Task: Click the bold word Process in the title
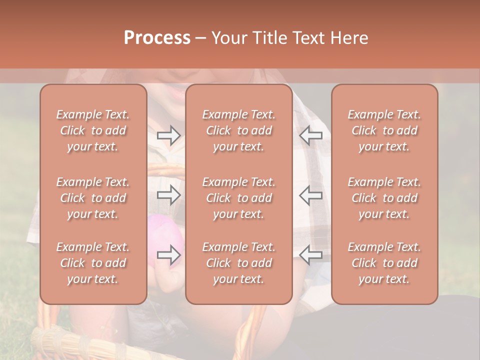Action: click(x=157, y=38)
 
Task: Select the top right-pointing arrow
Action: click(x=169, y=135)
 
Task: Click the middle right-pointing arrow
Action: click(x=169, y=195)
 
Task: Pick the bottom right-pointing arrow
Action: click(x=169, y=255)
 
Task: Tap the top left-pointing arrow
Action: click(x=311, y=135)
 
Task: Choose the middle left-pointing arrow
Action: click(x=311, y=195)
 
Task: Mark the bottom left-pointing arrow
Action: click(x=311, y=255)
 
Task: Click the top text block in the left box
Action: click(x=93, y=130)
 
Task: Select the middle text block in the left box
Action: click(x=93, y=198)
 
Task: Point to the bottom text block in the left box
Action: click(x=93, y=263)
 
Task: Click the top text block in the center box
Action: click(x=239, y=130)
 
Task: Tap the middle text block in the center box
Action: click(x=239, y=198)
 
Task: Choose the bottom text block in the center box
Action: click(x=239, y=263)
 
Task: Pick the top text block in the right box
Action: click(x=384, y=130)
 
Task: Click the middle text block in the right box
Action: click(x=384, y=198)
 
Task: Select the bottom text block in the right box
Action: click(x=384, y=263)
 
